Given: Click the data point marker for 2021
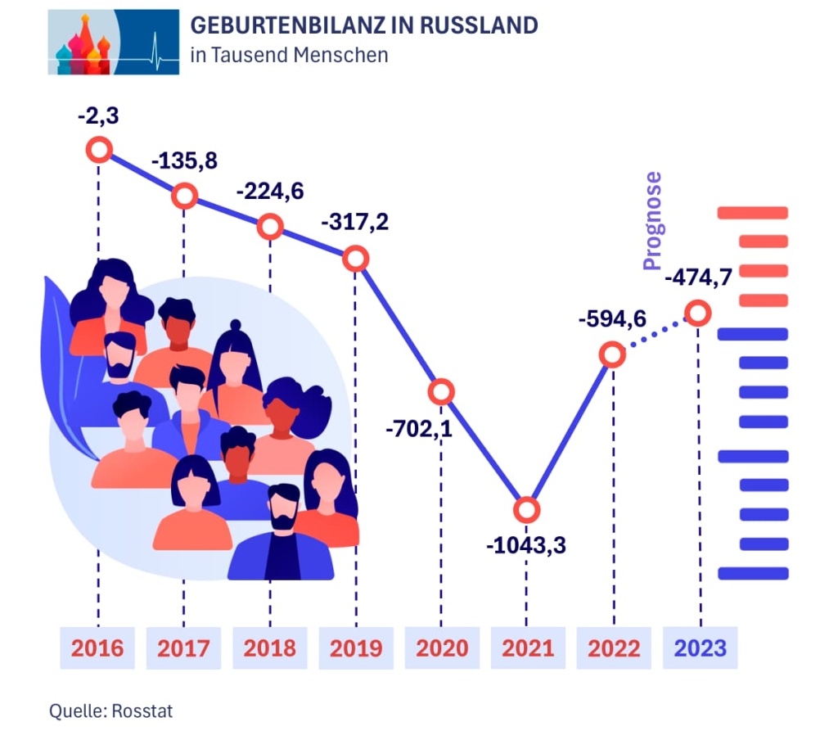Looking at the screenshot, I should pyautogui.click(x=527, y=510).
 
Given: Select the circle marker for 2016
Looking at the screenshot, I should pyautogui.click(x=98, y=150).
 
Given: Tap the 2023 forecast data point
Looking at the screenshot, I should pyautogui.click(x=697, y=313).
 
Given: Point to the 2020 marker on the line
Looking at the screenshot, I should pyautogui.click(x=441, y=392).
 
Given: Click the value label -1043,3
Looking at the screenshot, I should pyautogui.click(x=526, y=545).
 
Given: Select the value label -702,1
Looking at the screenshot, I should pyautogui.click(x=418, y=427).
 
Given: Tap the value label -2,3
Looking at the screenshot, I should pyautogui.click(x=98, y=116).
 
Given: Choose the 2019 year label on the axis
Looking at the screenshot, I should pyautogui.click(x=356, y=648).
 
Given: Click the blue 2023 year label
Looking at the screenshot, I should pyautogui.click(x=700, y=648).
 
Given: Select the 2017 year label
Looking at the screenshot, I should pyautogui.click(x=183, y=648).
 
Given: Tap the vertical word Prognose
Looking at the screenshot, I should pyautogui.click(x=651, y=221).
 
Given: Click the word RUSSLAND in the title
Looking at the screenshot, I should pyautogui.click(x=479, y=25).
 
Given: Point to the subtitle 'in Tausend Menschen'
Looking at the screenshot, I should pyautogui.click(x=288, y=56).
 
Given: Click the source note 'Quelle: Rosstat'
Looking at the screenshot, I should pyautogui.click(x=110, y=710).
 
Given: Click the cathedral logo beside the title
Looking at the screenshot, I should pyautogui.click(x=113, y=42).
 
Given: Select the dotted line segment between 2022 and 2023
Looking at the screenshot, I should pyautogui.click(x=655, y=335).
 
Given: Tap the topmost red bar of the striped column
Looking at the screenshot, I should pyautogui.click(x=752, y=213).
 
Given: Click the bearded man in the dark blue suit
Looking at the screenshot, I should pyautogui.click(x=282, y=536).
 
